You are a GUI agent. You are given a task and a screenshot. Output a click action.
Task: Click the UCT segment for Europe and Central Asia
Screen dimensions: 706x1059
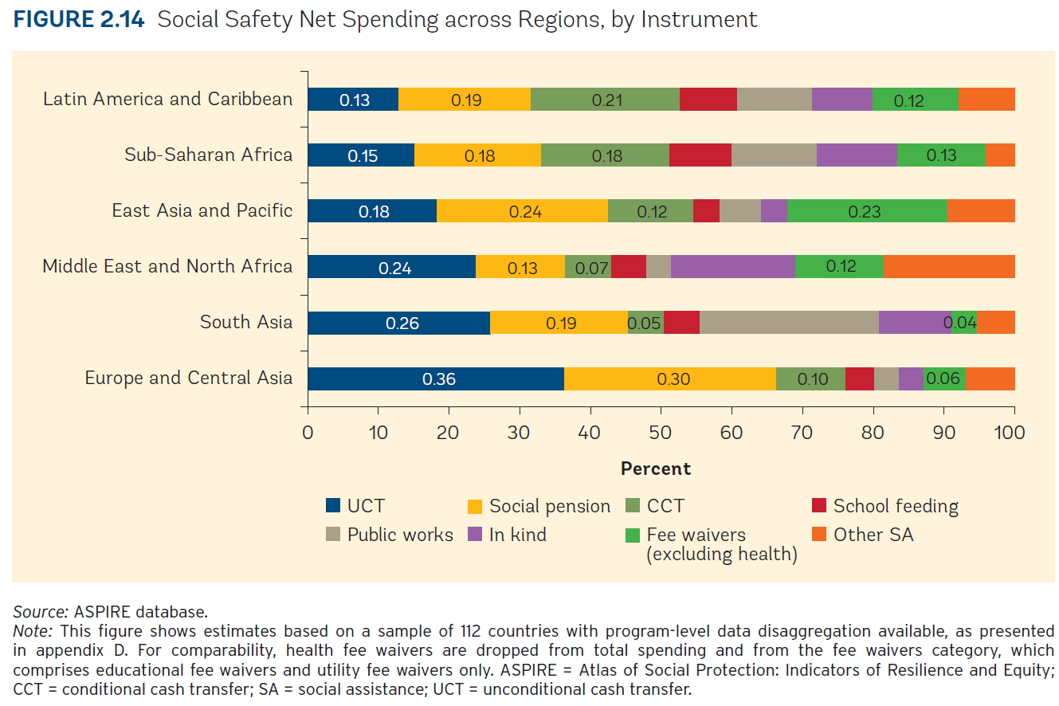pyautogui.click(x=436, y=378)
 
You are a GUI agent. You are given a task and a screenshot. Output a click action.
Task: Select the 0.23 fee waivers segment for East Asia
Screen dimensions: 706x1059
pyautogui.click(x=867, y=211)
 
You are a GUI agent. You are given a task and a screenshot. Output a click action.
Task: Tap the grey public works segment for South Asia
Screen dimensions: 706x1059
pyautogui.click(x=789, y=323)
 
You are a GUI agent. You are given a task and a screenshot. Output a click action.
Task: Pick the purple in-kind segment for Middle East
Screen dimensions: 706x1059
pyautogui.click(x=732, y=267)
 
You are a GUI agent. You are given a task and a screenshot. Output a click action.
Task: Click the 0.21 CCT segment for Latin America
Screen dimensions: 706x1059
pyautogui.click(x=605, y=100)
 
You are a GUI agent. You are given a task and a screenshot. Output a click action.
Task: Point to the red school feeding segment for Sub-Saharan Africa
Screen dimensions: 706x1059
pyautogui.click(x=700, y=155)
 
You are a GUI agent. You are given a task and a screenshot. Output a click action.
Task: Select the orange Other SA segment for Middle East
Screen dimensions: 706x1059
pyautogui.click(x=949, y=267)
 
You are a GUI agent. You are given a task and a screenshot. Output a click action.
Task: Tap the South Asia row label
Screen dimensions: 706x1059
pyautogui.click(x=246, y=323)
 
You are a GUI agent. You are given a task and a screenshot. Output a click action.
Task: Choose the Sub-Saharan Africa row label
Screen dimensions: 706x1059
pyautogui.click(x=209, y=155)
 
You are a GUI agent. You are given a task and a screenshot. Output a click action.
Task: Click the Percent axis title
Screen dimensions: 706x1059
pyautogui.click(x=656, y=469)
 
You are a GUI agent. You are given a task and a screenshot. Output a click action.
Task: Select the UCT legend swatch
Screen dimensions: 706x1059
pyautogui.click(x=335, y=506)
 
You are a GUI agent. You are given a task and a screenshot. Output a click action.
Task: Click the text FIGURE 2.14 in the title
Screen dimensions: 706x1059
pyautogui.click(x=79, y=20)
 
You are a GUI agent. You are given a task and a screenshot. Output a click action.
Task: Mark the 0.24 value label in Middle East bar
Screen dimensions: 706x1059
pyautogui.click(x=395, y=268)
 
